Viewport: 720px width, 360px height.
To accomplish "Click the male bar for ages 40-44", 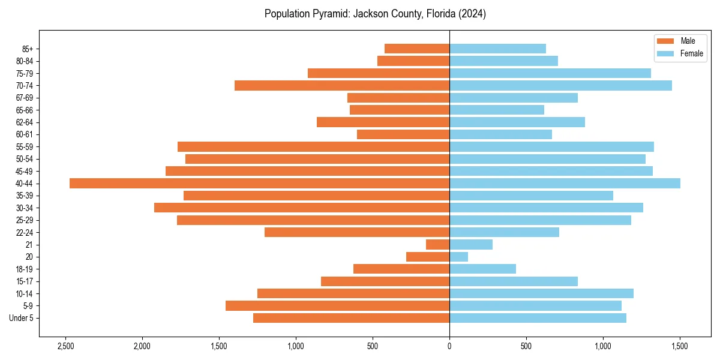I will [x=259, y=184].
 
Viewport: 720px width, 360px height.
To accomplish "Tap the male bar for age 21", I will [x=437, y=245].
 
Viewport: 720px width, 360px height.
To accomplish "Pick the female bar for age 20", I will [x=458, y=257].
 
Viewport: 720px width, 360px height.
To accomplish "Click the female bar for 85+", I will [x=497, y=49].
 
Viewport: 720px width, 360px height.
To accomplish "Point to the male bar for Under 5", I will [x=351, y=318].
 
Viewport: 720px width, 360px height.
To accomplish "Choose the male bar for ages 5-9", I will [x=337, y=306].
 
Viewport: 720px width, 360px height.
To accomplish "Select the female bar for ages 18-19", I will [x=482, y=269].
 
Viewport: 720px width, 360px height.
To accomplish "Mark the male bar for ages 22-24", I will [x=356, y=232].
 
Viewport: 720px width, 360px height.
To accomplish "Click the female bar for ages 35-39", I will [x=531, y=196].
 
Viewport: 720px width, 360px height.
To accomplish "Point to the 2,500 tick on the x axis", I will [x=65, y=346].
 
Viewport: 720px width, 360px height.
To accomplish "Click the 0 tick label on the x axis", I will [x=449, y=346].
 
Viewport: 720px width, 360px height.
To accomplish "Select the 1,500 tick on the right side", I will [x=680, y=346].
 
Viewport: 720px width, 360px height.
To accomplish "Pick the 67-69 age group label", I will [x=25, y=98].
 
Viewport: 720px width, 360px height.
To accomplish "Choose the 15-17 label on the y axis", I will [x=25, y=281].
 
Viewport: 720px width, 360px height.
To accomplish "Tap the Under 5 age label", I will [x=21, y=318].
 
